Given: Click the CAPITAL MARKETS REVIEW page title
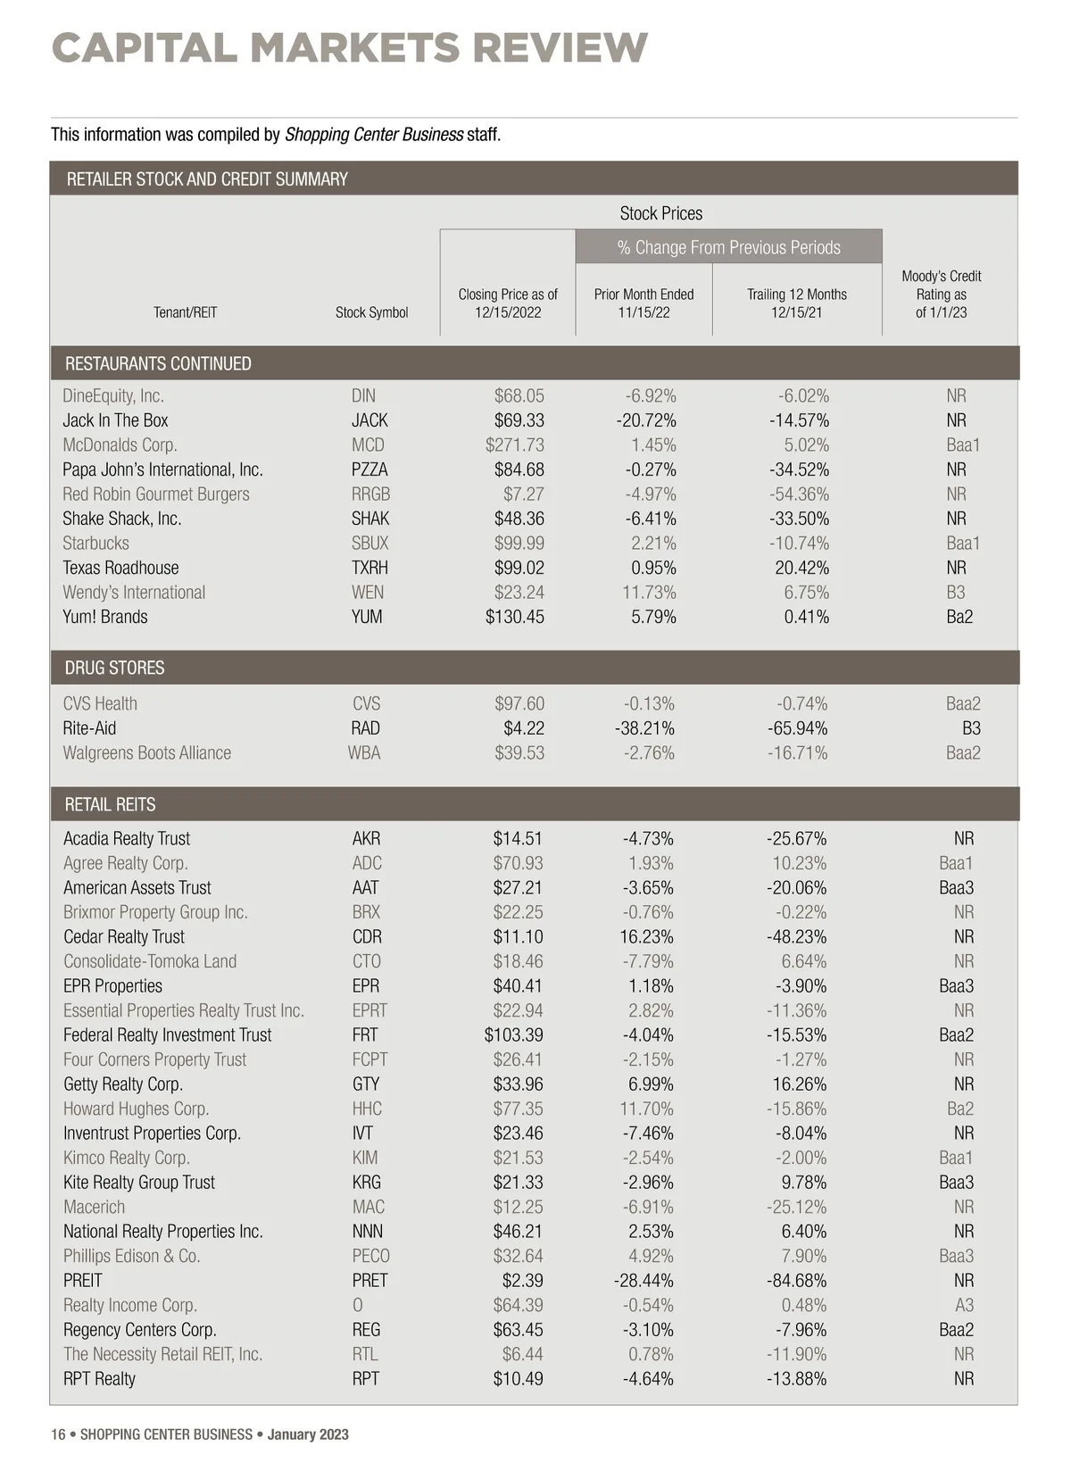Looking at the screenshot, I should click(x=349, y=48).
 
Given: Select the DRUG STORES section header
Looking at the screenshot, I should click(x=114, y=668).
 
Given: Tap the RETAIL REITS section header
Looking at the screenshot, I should click(x=110, y=804).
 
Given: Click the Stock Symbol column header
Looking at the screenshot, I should click(x=371, y=312).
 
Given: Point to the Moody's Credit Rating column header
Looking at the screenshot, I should click(x=941, y=295).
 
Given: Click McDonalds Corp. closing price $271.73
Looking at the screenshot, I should click(x=514, y=445).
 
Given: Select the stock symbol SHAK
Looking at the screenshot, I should click(x=369, y=519).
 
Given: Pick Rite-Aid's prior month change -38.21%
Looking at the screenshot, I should click(x=644, y=728).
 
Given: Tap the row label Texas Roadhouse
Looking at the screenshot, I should click(x=120, y=568).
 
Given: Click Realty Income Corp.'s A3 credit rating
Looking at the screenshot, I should click(x=964, y=1305).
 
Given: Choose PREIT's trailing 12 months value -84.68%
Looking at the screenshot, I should click(x=796, y=1280).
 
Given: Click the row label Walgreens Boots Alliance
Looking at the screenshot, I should click(x=146, y=752).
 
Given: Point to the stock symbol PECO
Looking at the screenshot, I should click(x=370, y=1256).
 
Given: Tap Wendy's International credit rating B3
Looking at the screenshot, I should click(x=955, y=592).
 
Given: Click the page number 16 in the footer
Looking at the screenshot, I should click(x=58, y=1434).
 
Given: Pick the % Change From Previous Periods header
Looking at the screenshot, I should click(x=728, y=247).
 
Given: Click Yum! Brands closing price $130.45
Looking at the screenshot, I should click(x=514, y=617).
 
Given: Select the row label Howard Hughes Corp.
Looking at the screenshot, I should click(x=136, y=1109).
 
